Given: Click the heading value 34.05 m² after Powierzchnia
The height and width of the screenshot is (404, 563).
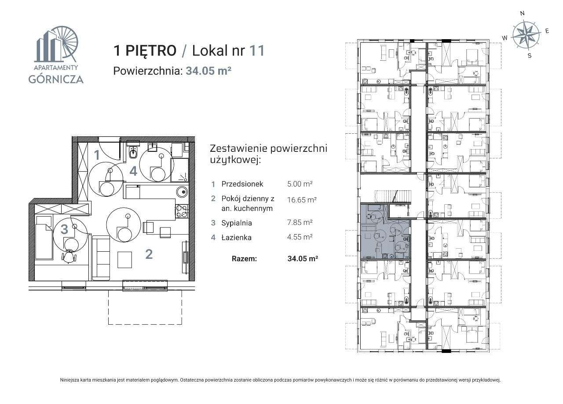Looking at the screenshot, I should click(x=208, y=71).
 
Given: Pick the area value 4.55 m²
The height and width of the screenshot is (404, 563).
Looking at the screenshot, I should click(x=299, y=237).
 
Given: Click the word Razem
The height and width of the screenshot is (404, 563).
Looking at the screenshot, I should click(x=244, y=259).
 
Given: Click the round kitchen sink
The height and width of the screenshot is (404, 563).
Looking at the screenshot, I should click(x=181, y=192).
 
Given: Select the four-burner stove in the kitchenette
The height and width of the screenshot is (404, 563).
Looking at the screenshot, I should click(x=181, y=212).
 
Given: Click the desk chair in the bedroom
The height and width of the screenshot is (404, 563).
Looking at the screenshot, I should click(x=69, y=256).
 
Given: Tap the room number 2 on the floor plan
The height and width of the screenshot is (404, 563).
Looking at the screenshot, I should click(x=149, y=254).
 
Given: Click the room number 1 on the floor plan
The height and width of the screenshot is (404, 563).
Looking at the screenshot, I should click(x=96, y=154).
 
